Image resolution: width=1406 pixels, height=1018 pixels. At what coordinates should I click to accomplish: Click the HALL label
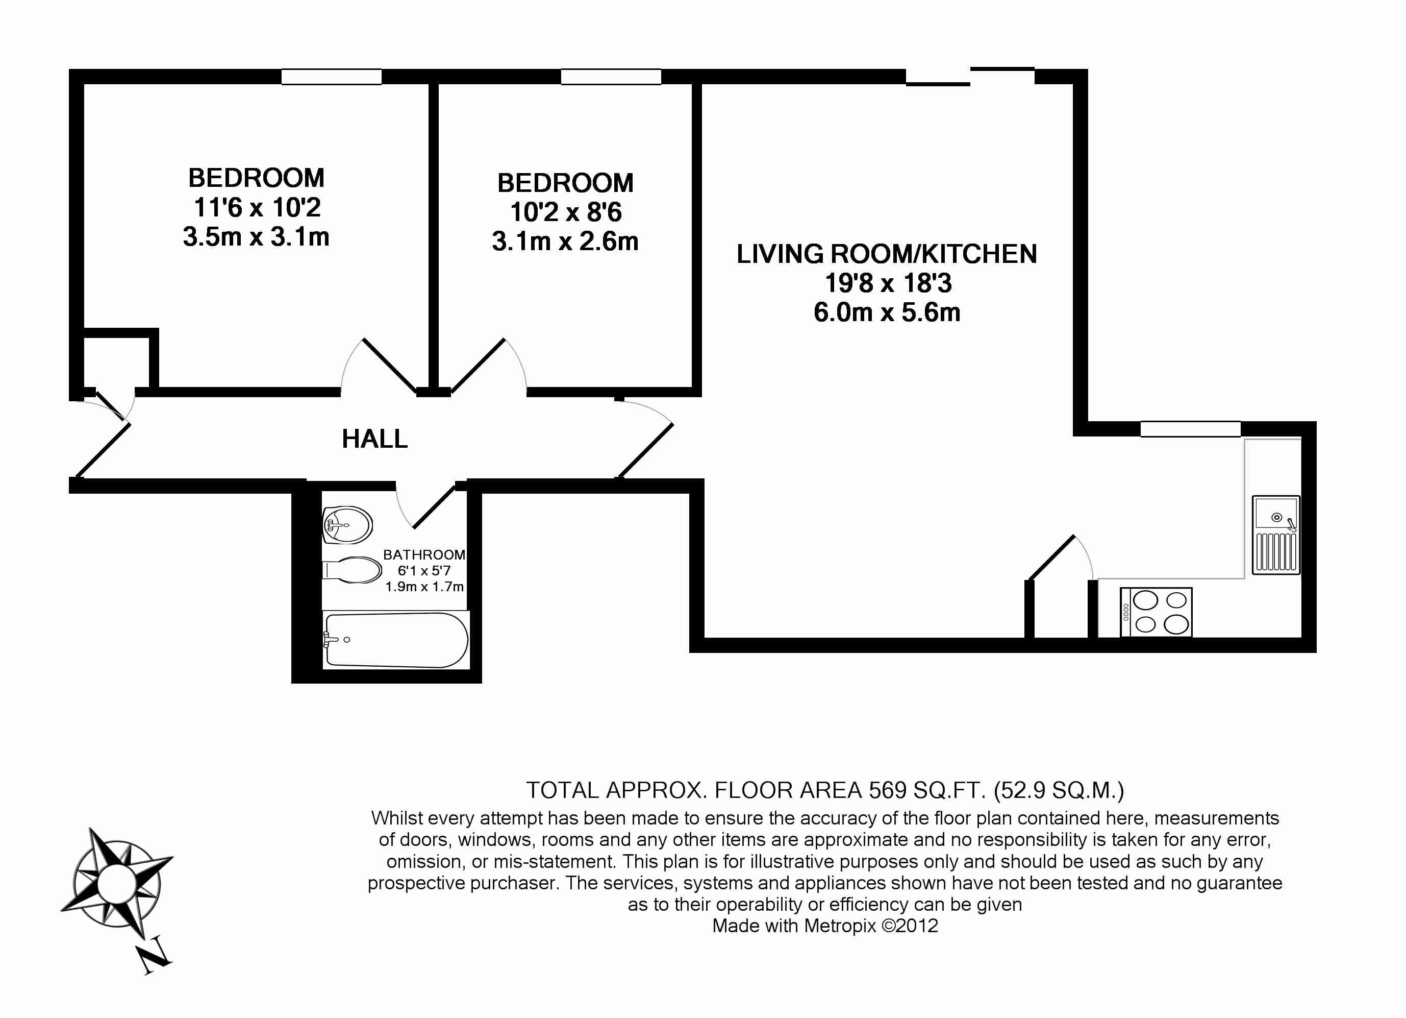374,439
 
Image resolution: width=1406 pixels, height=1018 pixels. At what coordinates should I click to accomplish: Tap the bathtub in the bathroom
396,640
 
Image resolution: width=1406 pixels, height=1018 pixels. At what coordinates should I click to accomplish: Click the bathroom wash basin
347,525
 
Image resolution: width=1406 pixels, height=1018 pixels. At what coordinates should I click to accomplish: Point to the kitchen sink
1276,535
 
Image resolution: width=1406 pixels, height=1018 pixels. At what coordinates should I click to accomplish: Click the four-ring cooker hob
1156,612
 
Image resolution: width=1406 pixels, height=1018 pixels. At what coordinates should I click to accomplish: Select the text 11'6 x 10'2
257,207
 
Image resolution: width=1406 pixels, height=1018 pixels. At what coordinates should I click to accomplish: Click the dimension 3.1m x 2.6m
565,241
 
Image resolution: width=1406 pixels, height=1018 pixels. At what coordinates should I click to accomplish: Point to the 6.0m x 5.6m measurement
887,312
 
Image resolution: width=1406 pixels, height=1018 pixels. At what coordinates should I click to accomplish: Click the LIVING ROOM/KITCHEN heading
887,254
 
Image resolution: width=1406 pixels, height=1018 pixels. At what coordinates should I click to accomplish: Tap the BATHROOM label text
424,554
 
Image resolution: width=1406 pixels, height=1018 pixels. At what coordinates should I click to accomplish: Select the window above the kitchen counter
1190,429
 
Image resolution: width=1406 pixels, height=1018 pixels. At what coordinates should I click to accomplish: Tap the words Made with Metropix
794,926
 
